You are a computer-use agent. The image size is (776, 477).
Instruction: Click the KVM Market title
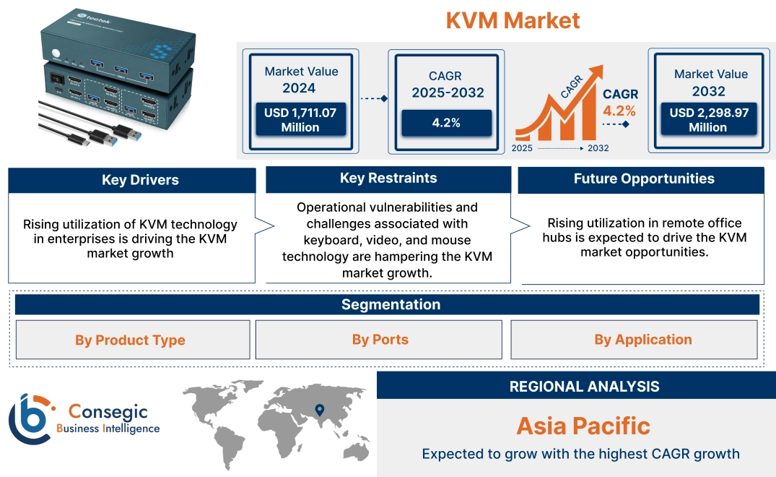513,20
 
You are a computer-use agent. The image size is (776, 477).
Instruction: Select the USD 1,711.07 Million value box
300,119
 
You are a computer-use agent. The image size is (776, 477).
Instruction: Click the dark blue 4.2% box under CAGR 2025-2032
446,123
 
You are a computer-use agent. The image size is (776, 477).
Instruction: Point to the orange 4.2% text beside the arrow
619,111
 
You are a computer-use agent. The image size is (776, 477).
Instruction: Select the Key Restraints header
388,179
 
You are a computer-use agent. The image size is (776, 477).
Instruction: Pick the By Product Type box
130,340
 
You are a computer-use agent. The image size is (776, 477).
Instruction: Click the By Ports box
380,339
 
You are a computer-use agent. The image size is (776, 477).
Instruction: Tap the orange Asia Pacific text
583,425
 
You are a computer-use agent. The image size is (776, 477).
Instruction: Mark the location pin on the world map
318,411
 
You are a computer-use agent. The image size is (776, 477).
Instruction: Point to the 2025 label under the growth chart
522,148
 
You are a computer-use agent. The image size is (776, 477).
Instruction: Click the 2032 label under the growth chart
598,148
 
